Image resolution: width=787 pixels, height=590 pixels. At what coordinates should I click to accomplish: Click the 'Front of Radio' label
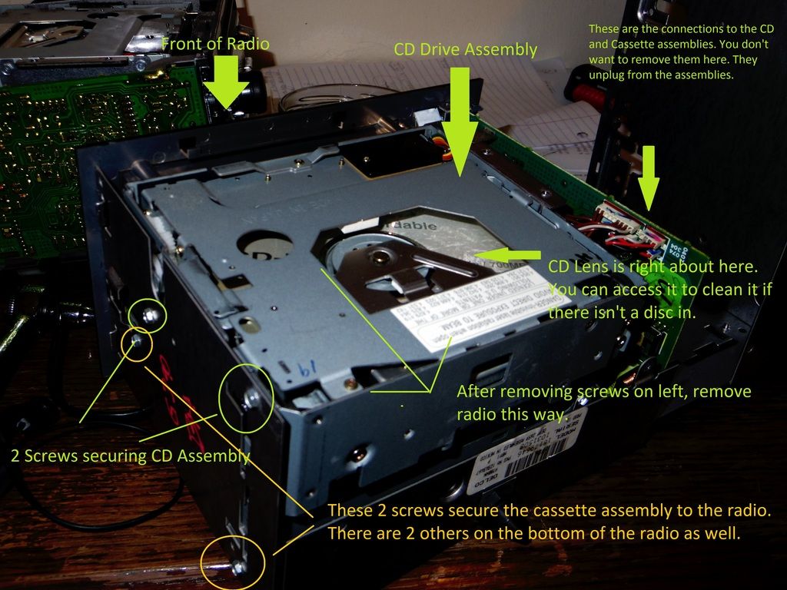[215, 44]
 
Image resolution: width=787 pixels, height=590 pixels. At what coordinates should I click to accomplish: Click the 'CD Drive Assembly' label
[465, 49]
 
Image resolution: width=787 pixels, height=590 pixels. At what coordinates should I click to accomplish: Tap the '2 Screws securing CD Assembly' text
[131, 456]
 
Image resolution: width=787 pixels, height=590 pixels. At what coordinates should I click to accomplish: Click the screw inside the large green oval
[251, 397]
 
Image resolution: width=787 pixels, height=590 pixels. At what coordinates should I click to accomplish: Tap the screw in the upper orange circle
[137, 341]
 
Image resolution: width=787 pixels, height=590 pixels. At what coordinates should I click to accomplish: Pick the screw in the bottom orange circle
[237, 567]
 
